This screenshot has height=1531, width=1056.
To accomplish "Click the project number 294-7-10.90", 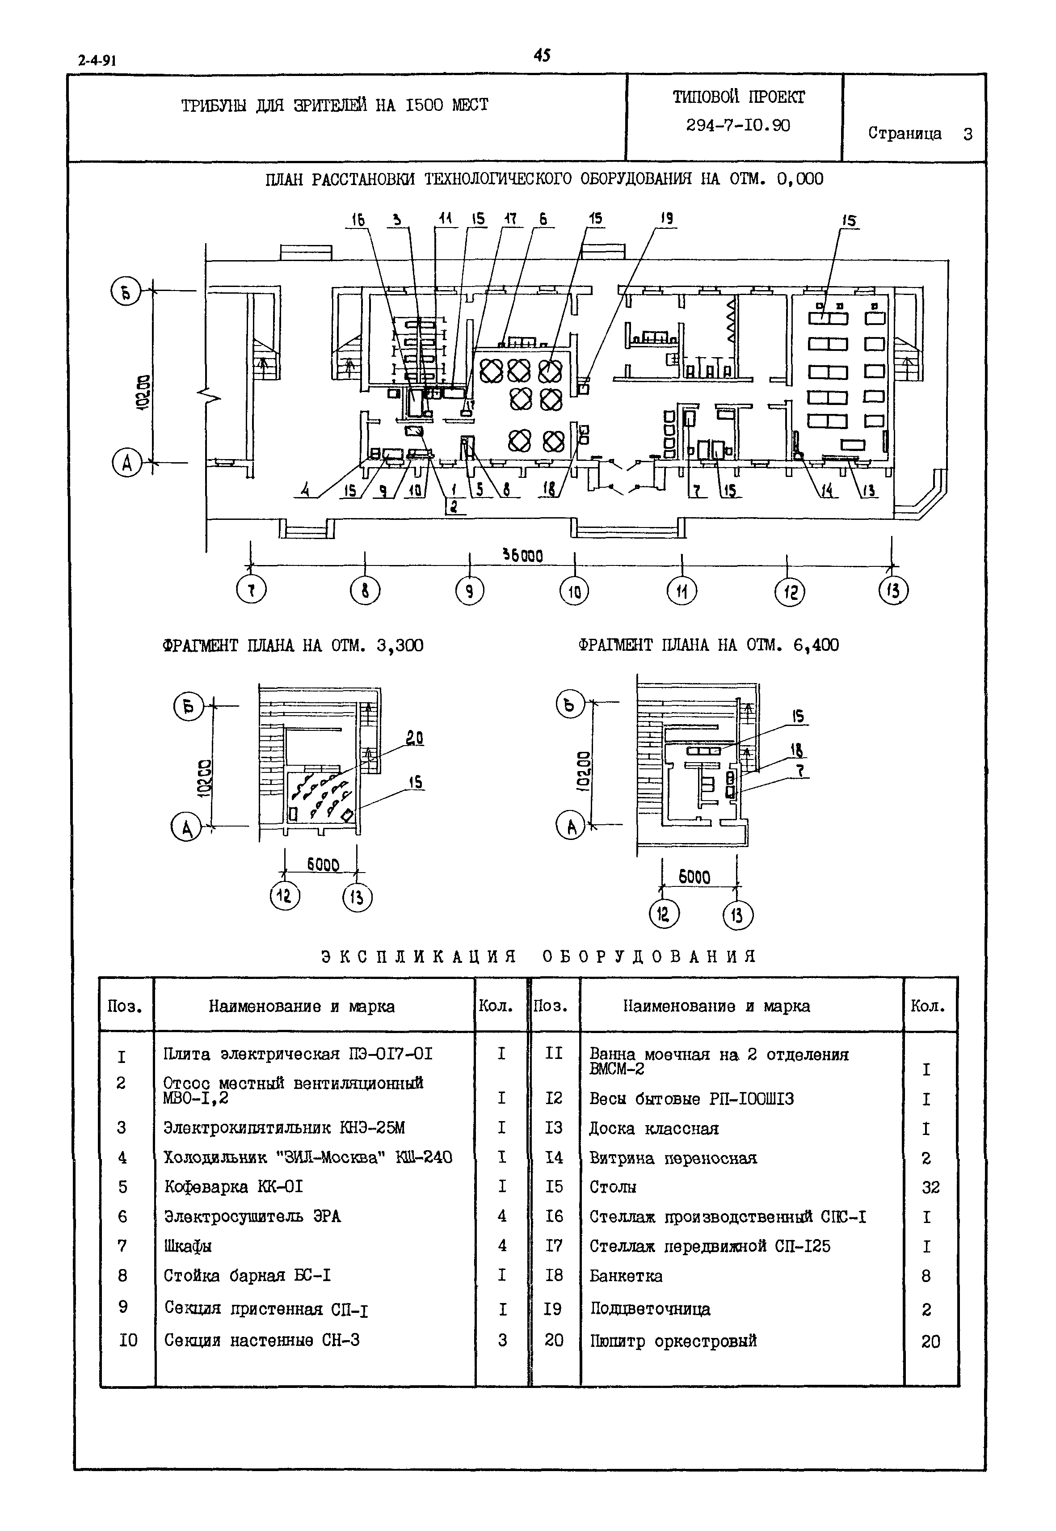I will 738,125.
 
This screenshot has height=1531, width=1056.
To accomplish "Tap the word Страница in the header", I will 904,133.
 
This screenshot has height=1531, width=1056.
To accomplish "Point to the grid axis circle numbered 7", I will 252,590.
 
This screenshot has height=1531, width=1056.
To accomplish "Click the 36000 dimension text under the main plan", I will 523,556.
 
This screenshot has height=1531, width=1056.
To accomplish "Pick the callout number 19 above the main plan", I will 667,218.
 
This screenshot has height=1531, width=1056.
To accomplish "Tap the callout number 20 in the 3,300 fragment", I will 415,738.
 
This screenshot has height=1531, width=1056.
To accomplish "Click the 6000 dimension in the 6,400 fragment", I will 694,877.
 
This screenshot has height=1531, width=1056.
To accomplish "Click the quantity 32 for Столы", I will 930,1188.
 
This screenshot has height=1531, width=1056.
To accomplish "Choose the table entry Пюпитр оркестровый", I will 673,1341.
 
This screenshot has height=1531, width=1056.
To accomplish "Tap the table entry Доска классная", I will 654,1128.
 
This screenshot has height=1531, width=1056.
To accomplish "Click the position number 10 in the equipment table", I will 128,1341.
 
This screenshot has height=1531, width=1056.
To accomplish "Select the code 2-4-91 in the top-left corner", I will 97,60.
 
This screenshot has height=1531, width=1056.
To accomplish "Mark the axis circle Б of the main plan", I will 126,292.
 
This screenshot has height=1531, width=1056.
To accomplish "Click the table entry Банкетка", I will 626,1276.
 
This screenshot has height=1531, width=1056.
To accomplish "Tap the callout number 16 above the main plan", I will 358,219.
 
